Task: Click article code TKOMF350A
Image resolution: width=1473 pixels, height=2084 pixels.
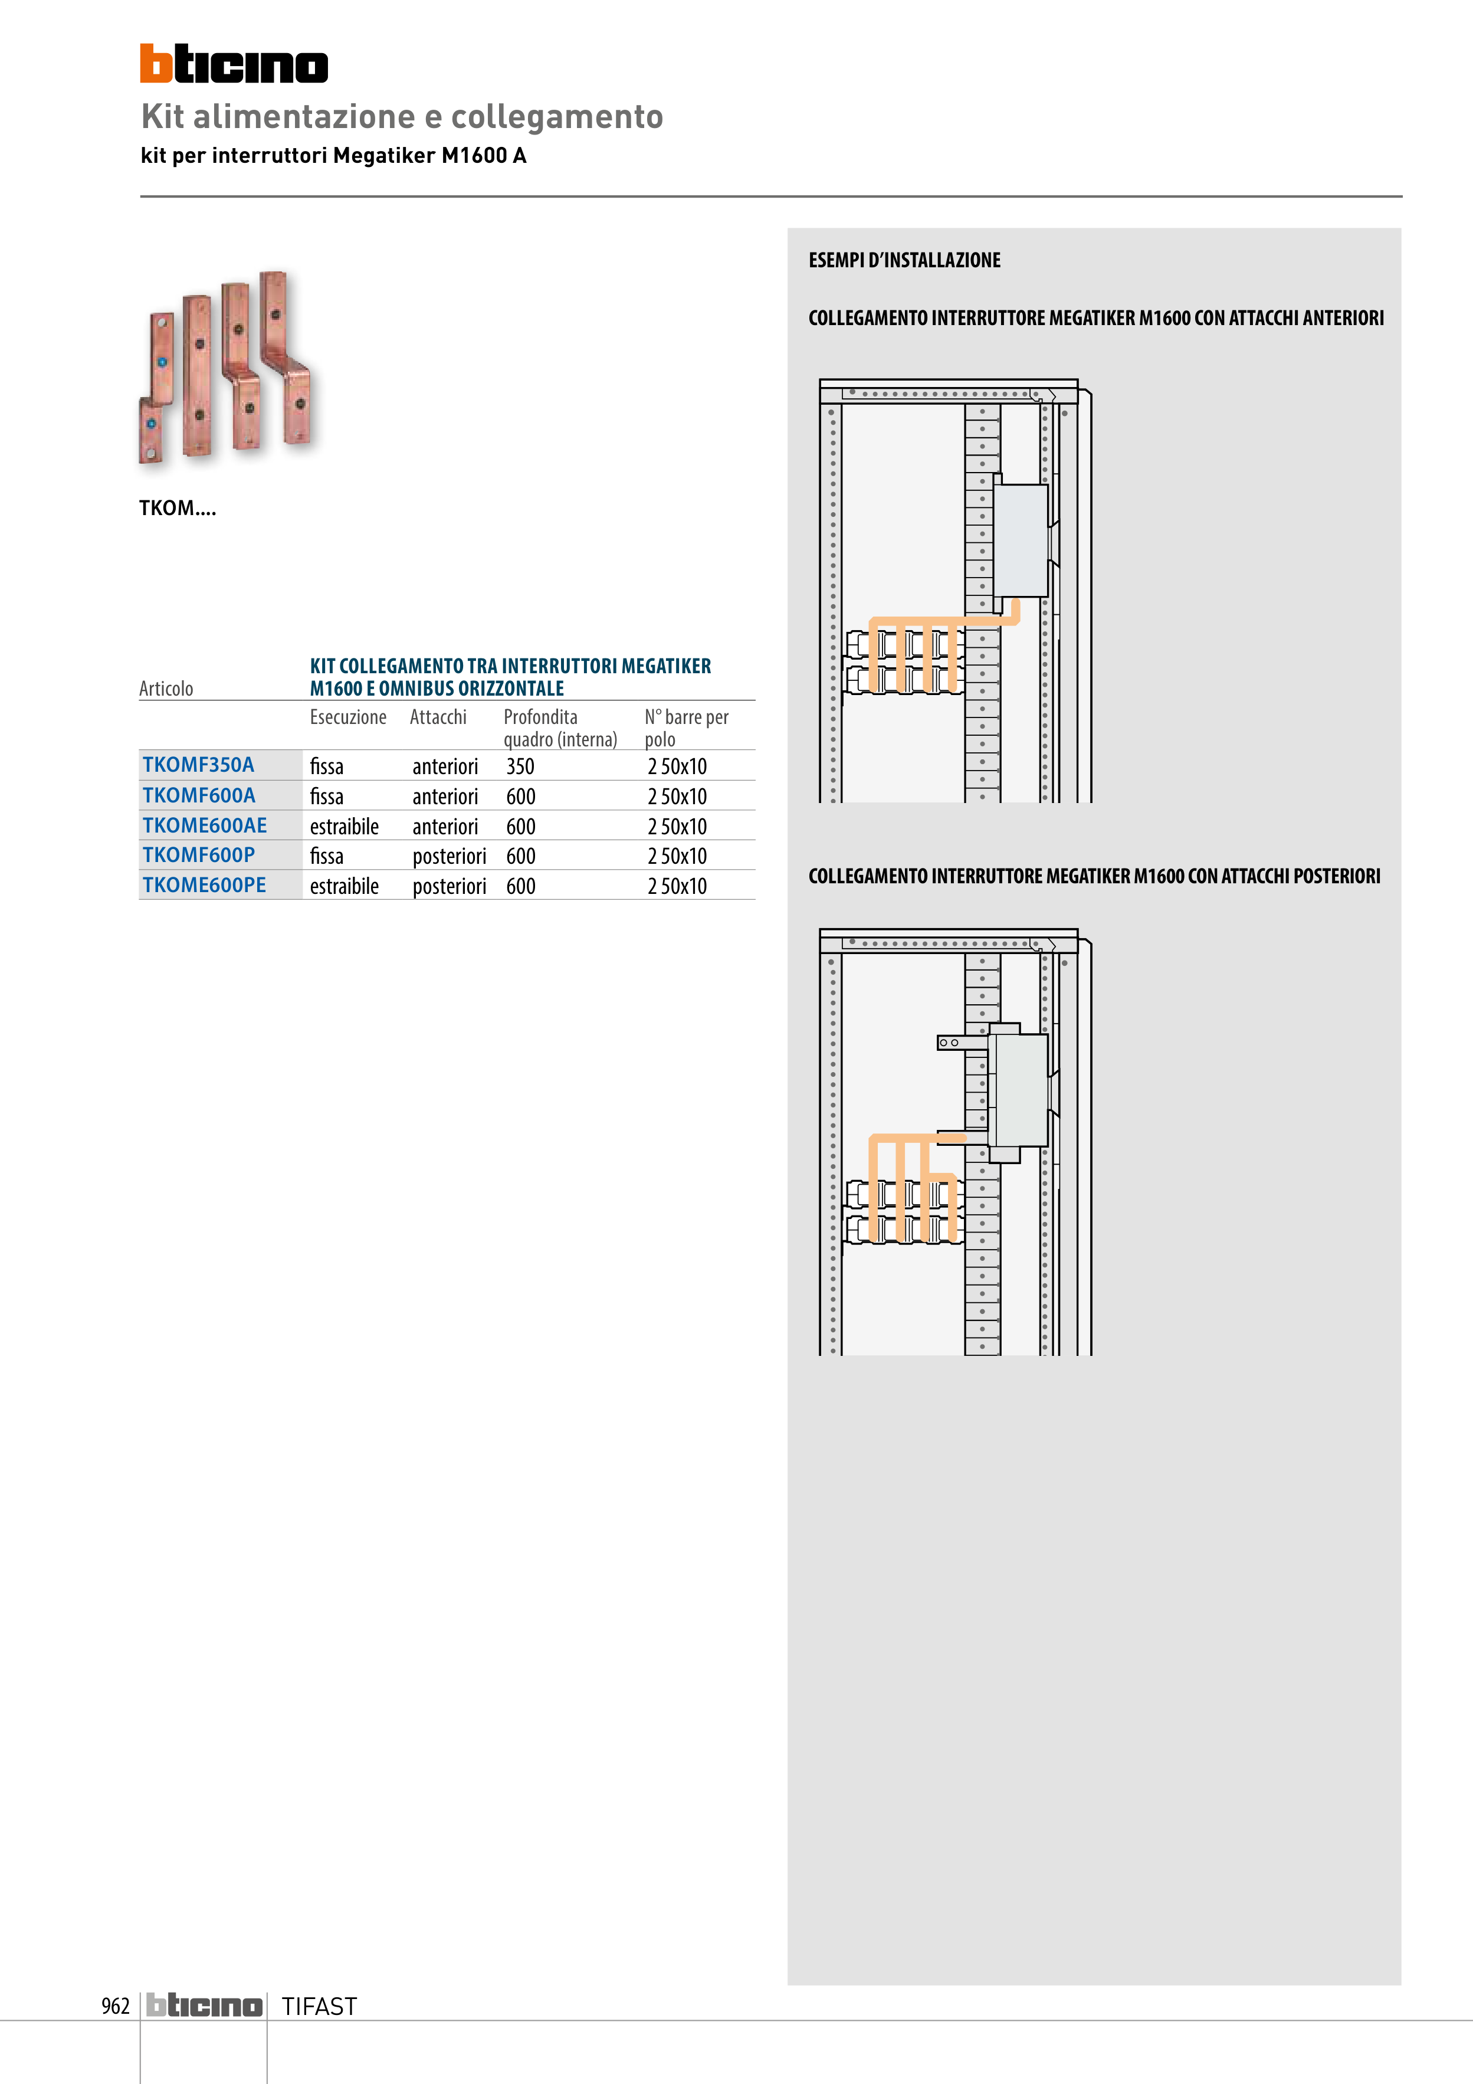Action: (198, 765)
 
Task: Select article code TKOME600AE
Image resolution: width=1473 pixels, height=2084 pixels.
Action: (204, 826)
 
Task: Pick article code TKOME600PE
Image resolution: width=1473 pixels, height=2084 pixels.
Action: (204, 885)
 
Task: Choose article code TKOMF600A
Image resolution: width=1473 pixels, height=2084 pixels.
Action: (199, 796)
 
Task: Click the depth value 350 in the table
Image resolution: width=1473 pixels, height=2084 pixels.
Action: (520, 767)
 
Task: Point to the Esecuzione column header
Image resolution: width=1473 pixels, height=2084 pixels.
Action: (347, 717)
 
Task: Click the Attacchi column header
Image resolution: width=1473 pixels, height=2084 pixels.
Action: (438, 717)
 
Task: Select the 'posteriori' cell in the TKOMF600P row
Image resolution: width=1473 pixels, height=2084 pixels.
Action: (450, 856)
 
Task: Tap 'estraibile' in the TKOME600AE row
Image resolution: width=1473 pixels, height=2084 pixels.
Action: (344, 827)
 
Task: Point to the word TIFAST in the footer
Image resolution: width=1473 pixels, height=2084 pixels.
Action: (319, 2007)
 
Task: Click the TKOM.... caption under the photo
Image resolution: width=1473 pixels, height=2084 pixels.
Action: (177, 508)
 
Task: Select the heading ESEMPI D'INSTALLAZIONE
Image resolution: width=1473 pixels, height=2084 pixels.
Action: (904, 261)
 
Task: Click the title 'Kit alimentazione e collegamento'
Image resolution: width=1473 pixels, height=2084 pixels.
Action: (402, 117)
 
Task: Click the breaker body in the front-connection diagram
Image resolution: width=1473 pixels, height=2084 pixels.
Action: (1021, 540)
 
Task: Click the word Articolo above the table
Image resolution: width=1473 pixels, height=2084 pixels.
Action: (166, 689)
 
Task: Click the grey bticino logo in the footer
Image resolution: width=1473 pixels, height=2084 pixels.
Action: (204, 2006)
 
